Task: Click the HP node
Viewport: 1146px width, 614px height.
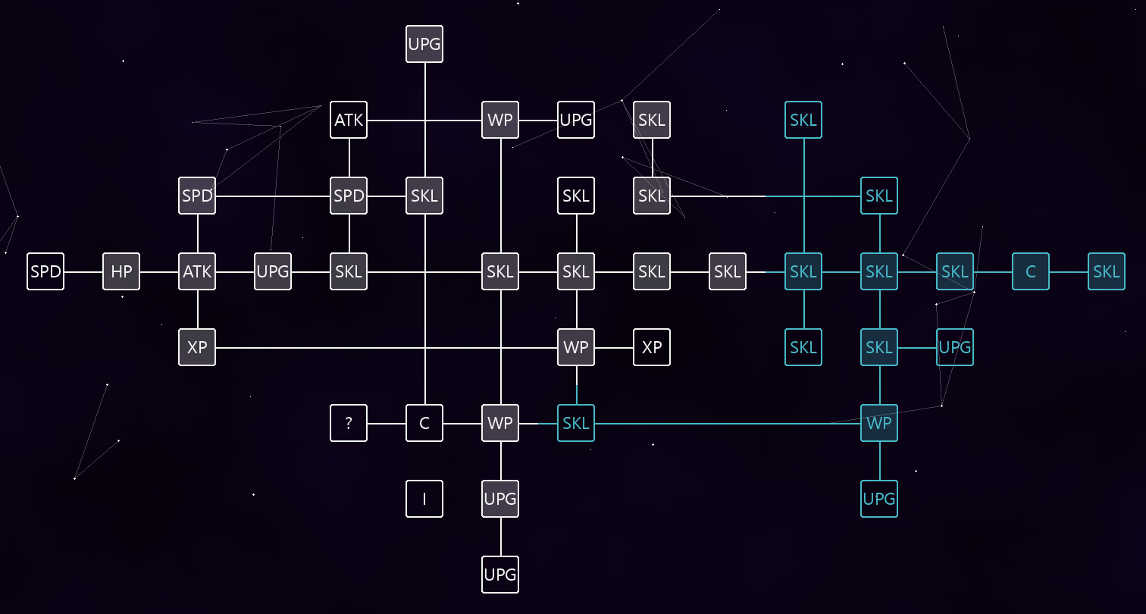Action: point(121,271)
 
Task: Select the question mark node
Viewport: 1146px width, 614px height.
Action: point(349,423)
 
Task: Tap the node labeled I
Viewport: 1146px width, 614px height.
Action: point(424,499)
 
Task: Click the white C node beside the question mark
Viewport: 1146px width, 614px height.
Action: point(424,423)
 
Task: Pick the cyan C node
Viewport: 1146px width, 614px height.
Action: point(1030,271)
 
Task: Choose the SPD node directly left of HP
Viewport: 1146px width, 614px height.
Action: point(45,271)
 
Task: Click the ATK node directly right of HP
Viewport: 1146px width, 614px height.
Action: point(197,271)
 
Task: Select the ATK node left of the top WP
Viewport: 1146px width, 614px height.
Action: point(349,120)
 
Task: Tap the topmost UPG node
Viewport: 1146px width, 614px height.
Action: point(424,44)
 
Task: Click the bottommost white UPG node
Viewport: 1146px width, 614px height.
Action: point(499,575)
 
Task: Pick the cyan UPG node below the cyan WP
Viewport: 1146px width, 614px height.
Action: point(879,499)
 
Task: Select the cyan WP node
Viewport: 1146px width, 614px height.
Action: point(879,423)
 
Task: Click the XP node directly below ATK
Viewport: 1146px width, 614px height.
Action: point(197,347)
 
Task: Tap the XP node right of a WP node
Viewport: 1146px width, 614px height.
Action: point(652,347)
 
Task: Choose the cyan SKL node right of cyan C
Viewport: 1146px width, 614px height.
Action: point(1106,271)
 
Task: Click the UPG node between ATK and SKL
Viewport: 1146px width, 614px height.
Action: point(273,271)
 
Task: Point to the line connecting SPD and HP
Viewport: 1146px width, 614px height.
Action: point(83,271)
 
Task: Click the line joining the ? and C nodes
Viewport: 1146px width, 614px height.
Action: point(387,424)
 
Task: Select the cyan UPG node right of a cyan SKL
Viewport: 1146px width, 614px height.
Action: point(955,347)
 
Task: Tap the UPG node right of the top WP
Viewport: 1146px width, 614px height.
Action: point(575,120)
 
